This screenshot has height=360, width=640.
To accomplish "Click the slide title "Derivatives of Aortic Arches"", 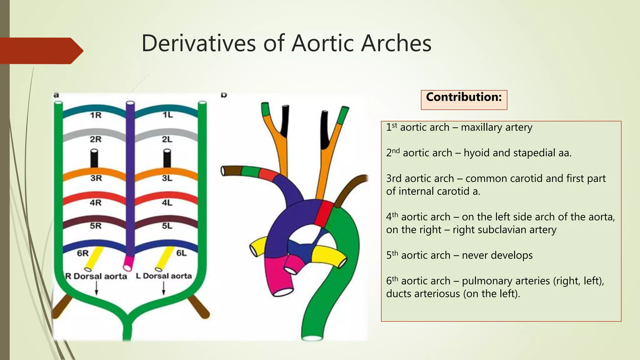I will coord(286,43).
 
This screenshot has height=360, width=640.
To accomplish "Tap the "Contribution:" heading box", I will coord(464,99).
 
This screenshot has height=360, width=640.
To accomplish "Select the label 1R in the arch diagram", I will coord(96,115).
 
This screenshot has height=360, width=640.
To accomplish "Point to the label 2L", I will coord(167,139).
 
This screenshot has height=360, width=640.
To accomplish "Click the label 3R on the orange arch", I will coord(96,178).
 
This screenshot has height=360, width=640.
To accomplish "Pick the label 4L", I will coord(167,203).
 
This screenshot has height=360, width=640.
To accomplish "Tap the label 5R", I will coord(96,226).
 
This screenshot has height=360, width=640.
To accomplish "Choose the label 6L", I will coord(182,253).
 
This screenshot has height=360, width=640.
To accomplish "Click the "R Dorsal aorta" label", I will coord(96,276).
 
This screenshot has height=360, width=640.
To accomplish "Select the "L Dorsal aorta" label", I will coord(164,276).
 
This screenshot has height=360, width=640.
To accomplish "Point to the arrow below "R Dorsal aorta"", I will coord(96,288).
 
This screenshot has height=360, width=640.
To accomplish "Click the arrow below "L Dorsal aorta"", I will coord(163,288).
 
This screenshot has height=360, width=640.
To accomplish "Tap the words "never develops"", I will coord(497,255).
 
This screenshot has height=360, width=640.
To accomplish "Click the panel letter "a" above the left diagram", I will coord(56,95).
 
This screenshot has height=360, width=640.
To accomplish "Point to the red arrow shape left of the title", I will coord(41,51).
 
